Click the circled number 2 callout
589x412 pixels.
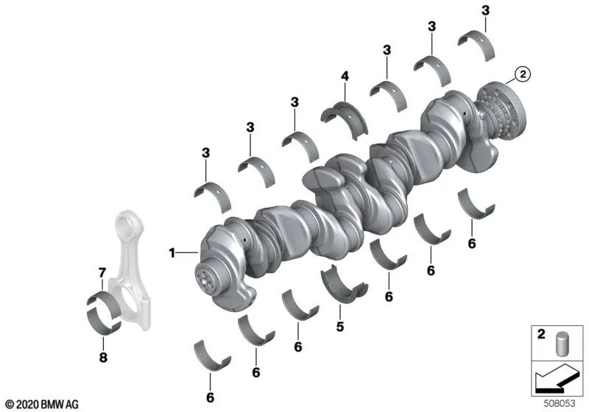coord(521,74)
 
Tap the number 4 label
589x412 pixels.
coord(344,75)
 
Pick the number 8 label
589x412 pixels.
coord(103,358)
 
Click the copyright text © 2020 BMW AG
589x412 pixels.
coord(41,404)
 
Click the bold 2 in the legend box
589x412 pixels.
coord(540,335)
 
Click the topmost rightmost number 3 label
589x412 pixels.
coord(484,10)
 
